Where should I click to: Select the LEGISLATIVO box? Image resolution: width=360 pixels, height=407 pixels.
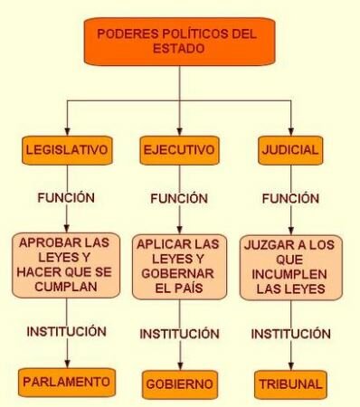pyautogui.click(x=67, y=148)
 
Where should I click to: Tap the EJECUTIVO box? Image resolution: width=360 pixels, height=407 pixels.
pyautogui.click(x=179, y=149)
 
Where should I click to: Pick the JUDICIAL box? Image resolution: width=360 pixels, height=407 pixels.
pyautogui.click(x=290, y=149)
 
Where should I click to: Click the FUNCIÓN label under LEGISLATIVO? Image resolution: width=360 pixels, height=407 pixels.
pyautogui.click(x=67, y=196)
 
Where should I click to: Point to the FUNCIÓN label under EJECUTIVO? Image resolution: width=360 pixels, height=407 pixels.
pyautogui.click(x=179, y=198)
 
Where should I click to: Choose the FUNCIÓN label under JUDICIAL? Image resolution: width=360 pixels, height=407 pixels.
pyautogui.click(x=289, y=197)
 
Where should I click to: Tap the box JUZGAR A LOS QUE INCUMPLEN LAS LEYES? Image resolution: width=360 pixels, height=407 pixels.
pyautogui.click(x=290, y=268)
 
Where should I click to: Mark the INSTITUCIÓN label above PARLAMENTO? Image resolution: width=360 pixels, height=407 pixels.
pyautogui.click(x=67, y=331)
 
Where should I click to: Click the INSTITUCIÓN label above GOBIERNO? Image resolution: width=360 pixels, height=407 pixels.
pyautogui.click(x=179, y=334)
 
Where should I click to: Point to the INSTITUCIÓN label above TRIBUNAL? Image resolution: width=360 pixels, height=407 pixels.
pyautogui.click(x=290, y=334)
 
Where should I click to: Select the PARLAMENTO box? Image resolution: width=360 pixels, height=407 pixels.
pyautogui.click(x=68, y=382)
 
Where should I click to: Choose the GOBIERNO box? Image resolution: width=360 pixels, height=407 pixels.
pyautogui.click(x=179, y=384)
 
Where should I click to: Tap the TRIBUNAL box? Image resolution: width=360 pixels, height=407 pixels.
pyautogui.click(x=289, y=384)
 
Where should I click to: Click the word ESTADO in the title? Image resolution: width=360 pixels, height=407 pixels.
pyautogui.click(x=178, y=51)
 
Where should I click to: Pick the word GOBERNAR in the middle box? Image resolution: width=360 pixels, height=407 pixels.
pyautogui.click(x=179, y=274)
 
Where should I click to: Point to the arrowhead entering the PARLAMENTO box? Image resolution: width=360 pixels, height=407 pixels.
pyautogui.click(x=68, y=363)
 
